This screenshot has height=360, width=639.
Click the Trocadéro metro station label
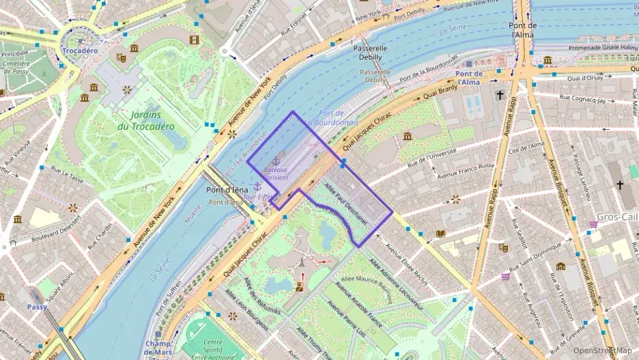(80, 51)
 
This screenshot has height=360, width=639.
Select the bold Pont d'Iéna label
(226, 190)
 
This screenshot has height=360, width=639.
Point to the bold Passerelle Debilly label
(371, 53)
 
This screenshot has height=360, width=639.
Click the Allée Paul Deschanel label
(345, 204)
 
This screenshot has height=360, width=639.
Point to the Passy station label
(37, 307)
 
